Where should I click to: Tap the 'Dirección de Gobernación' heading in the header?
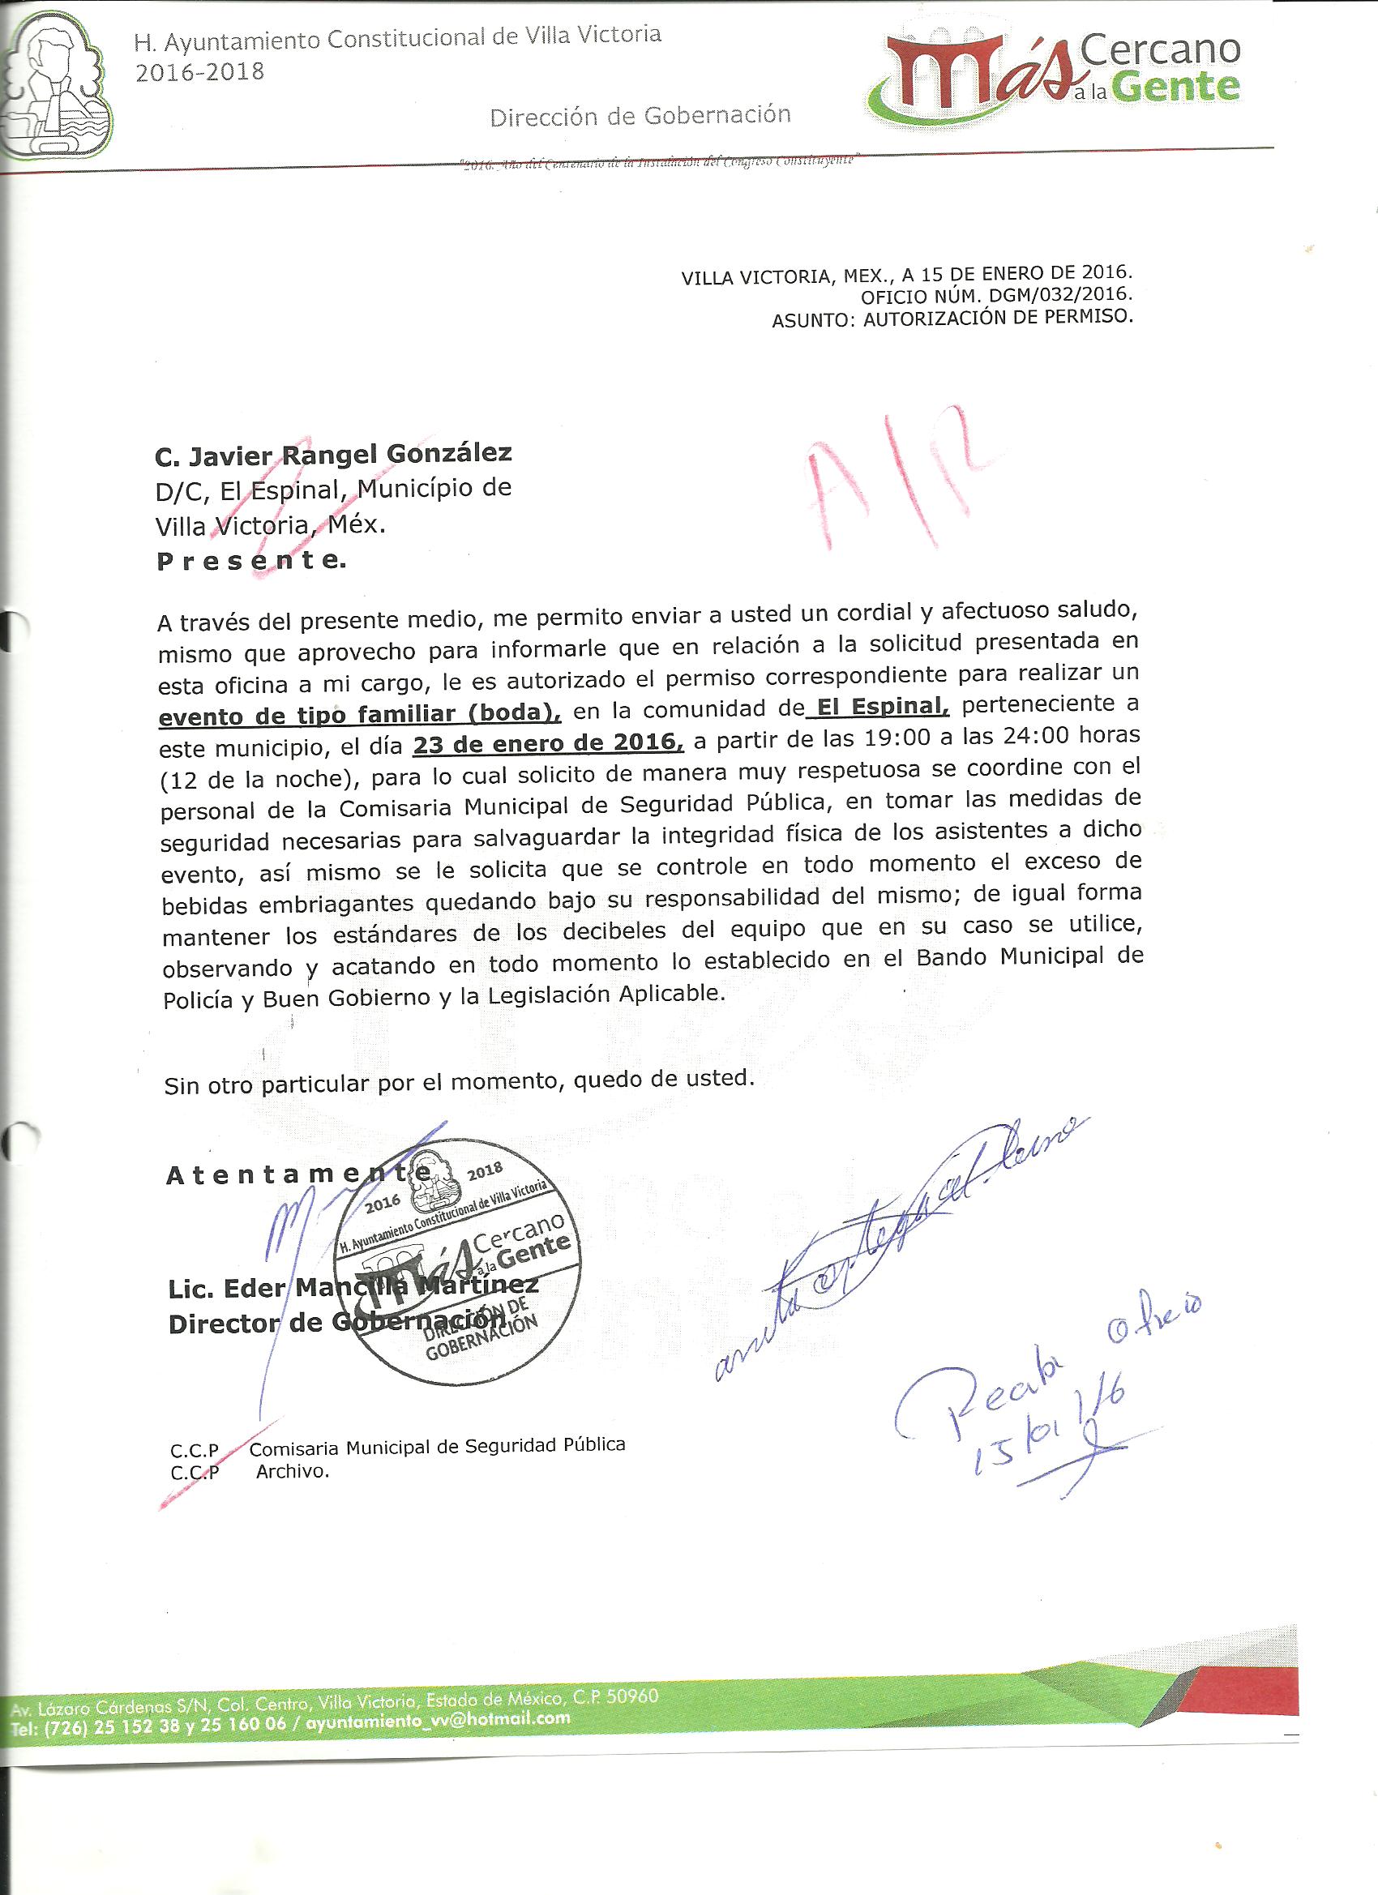(x=640, y=115)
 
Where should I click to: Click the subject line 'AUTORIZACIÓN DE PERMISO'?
(x=998, y=318)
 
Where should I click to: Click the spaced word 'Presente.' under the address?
(x=250, y=561)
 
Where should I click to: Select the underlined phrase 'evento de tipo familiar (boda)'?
(x=359, y=714)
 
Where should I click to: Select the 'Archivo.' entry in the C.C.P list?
(x=293, y=1471)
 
